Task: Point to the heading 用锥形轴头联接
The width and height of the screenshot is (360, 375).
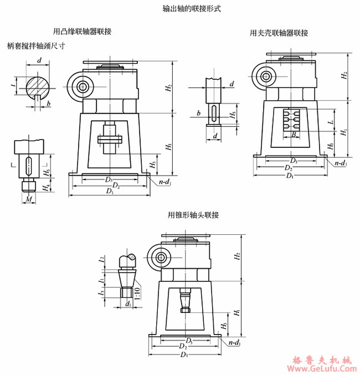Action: (193, 215)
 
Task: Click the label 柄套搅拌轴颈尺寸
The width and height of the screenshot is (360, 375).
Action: (37, 46)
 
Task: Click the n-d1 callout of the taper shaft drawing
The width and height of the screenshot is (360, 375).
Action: (234, 343)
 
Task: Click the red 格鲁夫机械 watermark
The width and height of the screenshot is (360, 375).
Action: (323, 357)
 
